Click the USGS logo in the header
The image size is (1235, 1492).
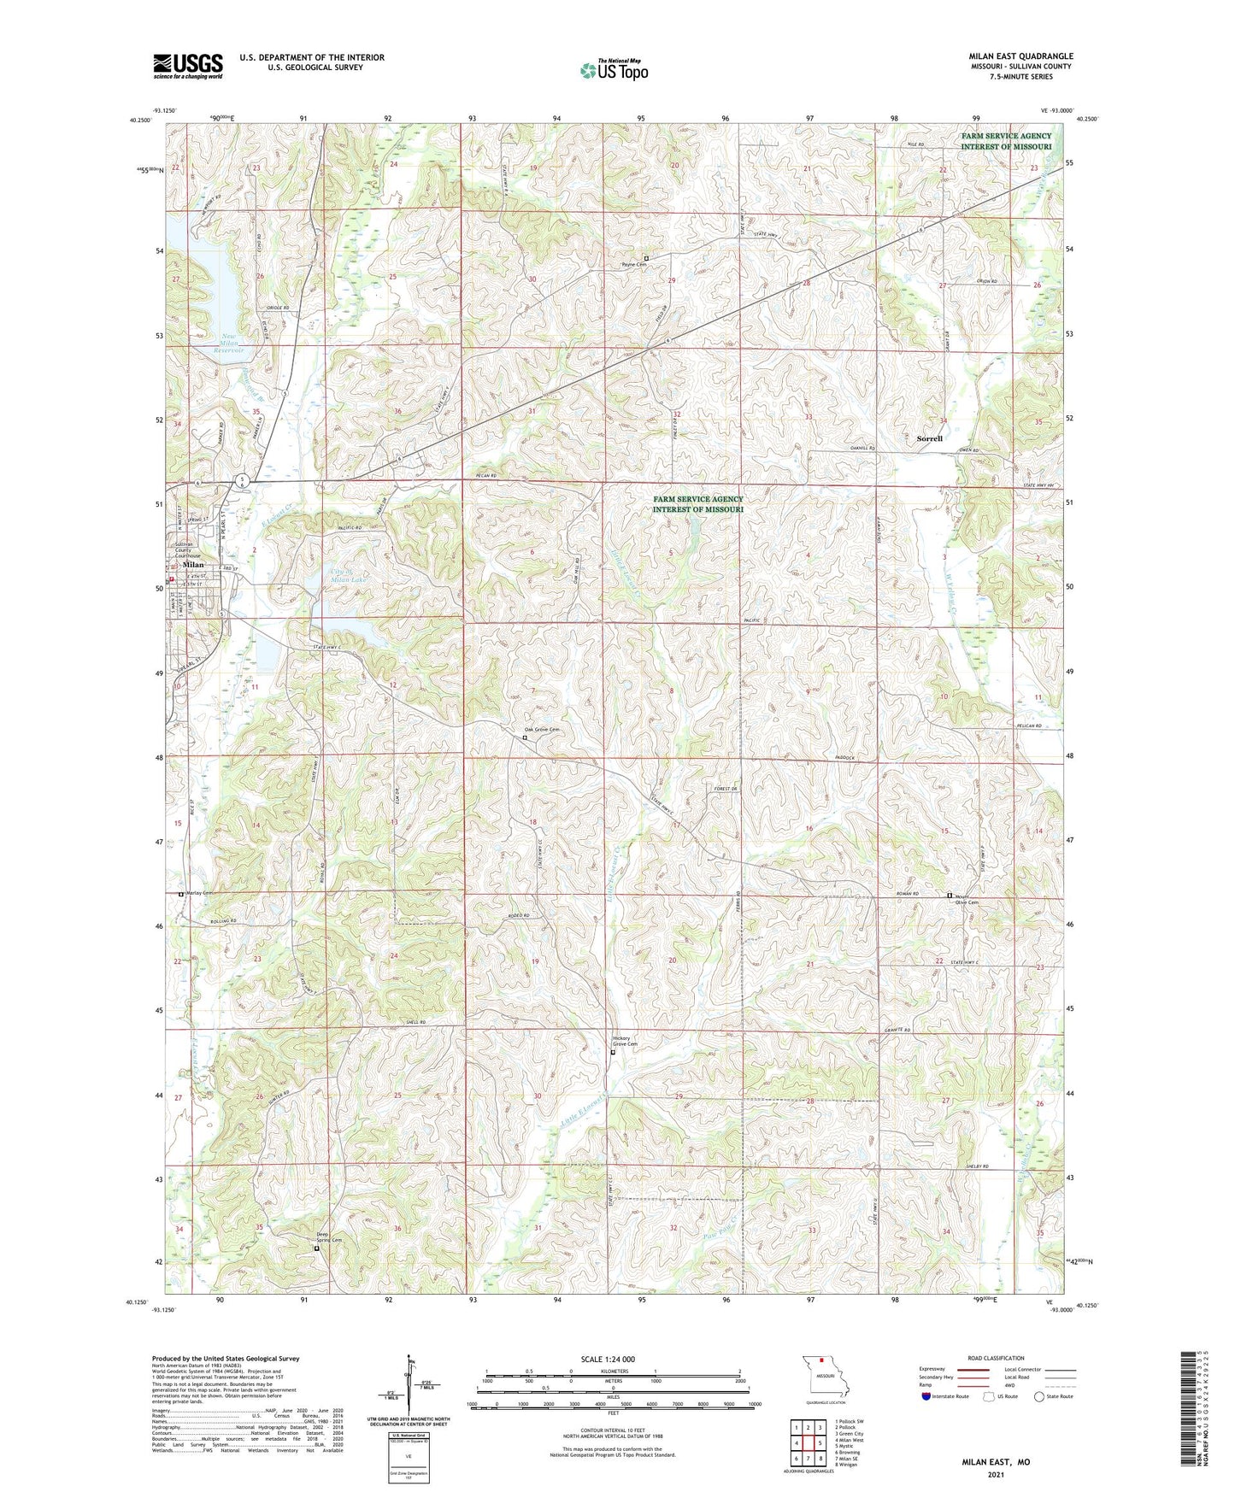tap(188, 66)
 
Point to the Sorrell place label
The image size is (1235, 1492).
tap(929, 438)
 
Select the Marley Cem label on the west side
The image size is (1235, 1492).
tap(198, 893)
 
